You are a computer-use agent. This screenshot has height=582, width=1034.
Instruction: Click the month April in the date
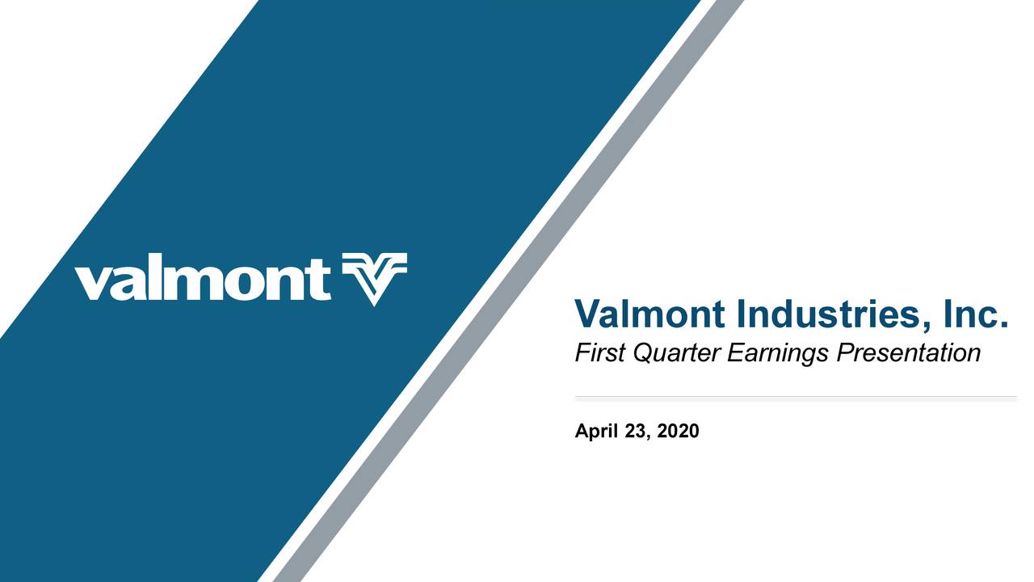click(597, 432)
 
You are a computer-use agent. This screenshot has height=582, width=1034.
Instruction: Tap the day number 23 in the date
click(637, 432)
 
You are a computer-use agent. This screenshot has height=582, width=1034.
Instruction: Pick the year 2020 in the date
click(679, 432)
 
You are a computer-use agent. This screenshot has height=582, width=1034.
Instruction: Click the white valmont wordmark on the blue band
click(203, 280)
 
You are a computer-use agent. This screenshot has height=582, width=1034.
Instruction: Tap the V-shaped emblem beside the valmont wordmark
click(374, 278)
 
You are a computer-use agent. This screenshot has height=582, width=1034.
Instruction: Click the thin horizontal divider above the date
click(795, 398)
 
